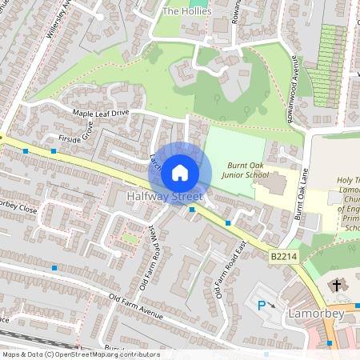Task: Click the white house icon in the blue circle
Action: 180,172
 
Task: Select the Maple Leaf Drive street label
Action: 100,114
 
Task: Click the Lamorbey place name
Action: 316,314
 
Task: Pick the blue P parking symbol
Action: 261,304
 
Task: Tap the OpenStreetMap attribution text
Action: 80,354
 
